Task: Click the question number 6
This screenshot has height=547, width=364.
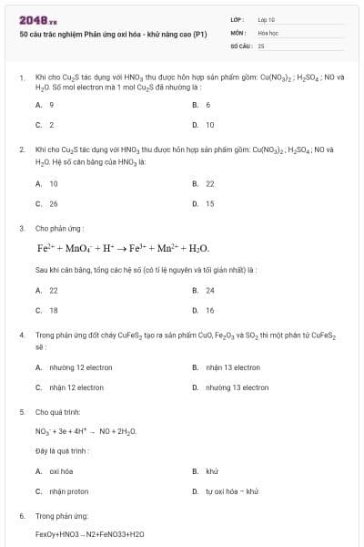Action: point(21,516)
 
